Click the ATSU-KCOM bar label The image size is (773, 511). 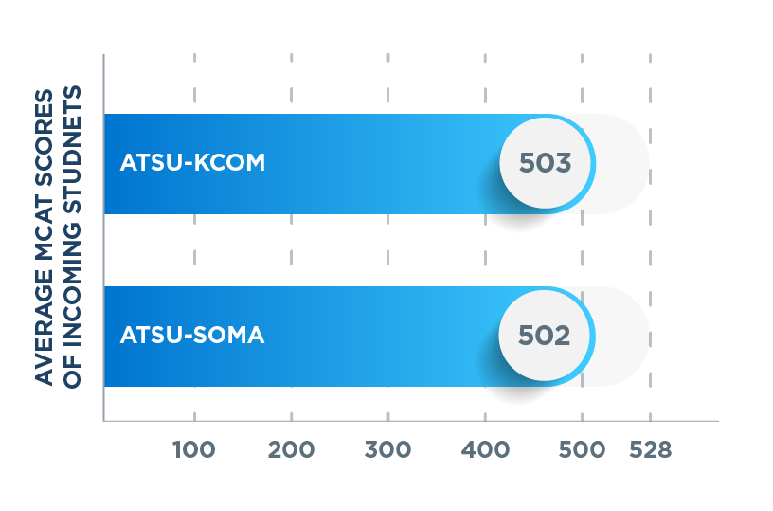192,163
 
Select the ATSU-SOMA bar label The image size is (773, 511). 192,336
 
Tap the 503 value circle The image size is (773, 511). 546,163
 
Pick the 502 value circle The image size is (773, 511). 546,336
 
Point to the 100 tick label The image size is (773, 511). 194,450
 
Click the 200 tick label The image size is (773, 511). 291,450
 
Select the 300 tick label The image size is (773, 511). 387,450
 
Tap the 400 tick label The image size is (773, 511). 484,450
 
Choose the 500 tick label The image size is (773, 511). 581,450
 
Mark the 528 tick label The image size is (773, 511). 650,450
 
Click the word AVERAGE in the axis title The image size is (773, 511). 45,337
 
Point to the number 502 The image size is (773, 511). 546,336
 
